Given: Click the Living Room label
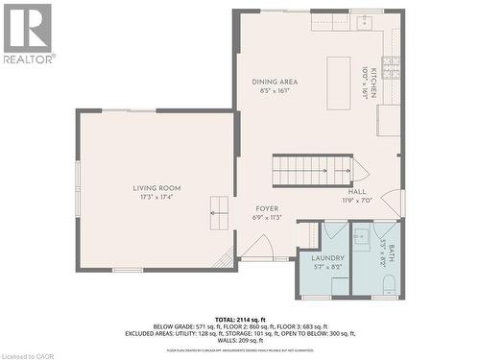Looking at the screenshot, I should pos(156,188).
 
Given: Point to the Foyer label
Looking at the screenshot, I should pos(267,208).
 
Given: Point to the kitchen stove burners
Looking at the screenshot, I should pos(391,67).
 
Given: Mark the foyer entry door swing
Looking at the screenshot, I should pos(256,248).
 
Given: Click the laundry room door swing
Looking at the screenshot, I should pos(334,230).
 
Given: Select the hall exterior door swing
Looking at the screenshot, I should pos(392,204).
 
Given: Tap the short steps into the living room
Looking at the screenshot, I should pos(220,208).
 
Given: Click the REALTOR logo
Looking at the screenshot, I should pos(28,33).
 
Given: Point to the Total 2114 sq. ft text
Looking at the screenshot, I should pos(240,318).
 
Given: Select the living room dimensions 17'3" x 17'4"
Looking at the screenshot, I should pos(156,197).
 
